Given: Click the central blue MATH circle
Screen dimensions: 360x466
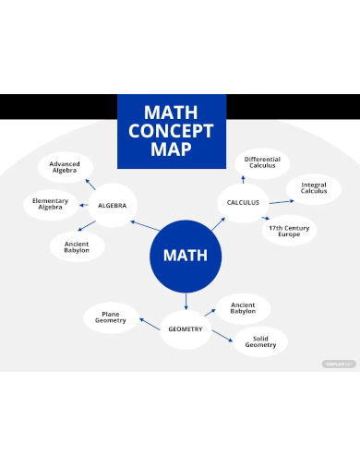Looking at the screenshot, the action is click(185, 256).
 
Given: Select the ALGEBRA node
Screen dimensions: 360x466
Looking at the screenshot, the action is click(112, 205).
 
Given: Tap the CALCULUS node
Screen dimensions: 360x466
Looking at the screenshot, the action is click(244, 202).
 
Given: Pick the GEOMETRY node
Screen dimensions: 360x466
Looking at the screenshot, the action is click(186, 329).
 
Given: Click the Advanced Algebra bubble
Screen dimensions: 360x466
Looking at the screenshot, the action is click(65, 168).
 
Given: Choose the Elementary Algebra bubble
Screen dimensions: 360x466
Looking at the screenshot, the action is click(50, 205).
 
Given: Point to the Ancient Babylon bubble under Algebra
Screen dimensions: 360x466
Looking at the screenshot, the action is click(77, 246).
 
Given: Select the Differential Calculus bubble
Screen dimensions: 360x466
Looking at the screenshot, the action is click(262, 163).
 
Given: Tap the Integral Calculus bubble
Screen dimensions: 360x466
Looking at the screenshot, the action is click(314, 190).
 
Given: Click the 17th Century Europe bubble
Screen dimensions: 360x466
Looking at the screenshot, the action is click(289, 231).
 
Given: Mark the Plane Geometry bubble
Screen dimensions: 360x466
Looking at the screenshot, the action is click(110, 317).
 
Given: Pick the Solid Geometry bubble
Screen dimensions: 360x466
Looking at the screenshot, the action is click(259, 341).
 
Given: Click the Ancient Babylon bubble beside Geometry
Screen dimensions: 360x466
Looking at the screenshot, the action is click(243, 308).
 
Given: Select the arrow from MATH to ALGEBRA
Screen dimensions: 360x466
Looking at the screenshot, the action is click(145, 226).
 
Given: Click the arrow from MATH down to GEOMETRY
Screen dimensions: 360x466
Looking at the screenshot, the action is click(186, 301).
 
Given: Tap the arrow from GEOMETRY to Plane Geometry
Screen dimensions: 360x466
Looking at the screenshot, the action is click(150, 324).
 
